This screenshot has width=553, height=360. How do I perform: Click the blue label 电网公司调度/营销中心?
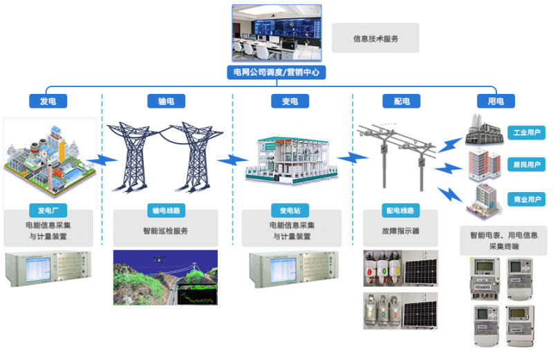276,73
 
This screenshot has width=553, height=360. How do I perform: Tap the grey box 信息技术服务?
375,38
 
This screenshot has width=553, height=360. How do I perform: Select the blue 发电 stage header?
48,101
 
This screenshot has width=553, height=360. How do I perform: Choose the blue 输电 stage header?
166,101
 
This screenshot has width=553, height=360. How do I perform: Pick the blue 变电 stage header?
290,101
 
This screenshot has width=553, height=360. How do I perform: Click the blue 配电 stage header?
402,101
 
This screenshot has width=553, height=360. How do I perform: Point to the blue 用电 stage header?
496,101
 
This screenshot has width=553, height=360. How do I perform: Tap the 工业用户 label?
527,133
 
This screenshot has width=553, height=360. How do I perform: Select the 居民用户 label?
527,164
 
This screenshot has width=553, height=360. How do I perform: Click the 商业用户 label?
527,199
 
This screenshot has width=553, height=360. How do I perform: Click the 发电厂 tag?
48,211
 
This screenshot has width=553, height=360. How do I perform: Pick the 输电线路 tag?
166,211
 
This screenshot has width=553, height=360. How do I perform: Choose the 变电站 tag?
290,211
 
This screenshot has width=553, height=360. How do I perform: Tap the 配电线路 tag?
401,211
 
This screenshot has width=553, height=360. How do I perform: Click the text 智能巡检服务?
165,231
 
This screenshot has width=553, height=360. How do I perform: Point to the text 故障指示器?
401,231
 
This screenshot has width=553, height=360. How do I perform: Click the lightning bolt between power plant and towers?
102,160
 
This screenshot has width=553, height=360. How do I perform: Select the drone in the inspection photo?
159,260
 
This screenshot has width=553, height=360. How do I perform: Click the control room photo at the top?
277,32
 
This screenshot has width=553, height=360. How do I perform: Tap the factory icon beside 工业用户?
483,129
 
